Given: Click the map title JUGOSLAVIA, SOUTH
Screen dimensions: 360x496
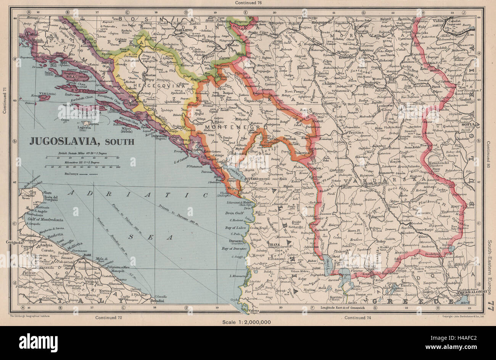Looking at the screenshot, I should (82, 142).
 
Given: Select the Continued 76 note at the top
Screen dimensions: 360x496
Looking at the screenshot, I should (248, 3).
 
